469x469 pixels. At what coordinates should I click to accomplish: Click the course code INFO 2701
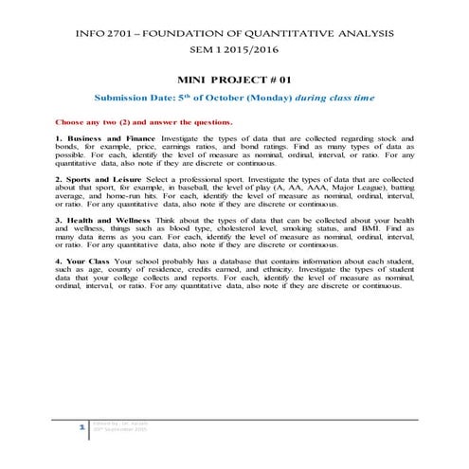point(94,35)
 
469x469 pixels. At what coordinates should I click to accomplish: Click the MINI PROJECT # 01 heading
point(234,83)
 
